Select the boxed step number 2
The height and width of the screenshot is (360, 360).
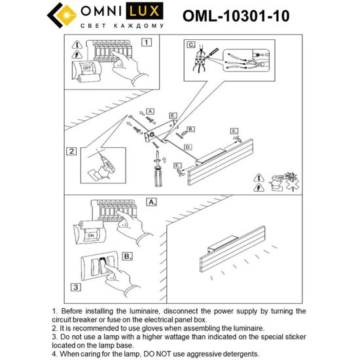coord(71,152)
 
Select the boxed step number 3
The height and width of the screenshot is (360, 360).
coord(76,286)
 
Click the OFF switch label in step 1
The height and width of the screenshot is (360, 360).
coord(86,67)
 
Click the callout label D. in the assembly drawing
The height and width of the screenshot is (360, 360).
coord(188,149)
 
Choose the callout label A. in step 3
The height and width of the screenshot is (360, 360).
coord(151,203)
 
